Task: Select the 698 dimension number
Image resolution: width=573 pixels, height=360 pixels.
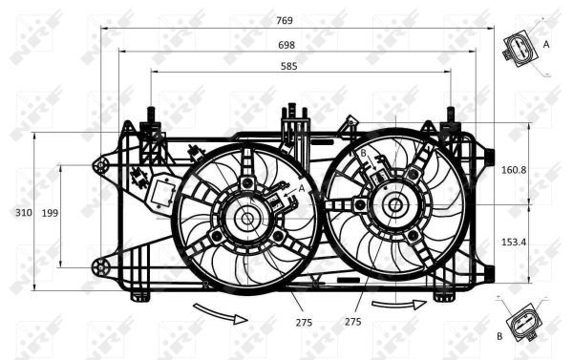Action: tap(286, 45)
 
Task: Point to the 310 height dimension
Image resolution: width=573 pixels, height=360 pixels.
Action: tap(17, 211)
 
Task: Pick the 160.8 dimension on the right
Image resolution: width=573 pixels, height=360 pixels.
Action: tap(514, 170)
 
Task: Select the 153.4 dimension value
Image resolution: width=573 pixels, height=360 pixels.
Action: tap(514, 243)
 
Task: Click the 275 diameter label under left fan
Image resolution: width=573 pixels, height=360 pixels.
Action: tap(277, 323)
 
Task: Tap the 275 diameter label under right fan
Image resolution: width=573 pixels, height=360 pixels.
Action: tap(352, 323)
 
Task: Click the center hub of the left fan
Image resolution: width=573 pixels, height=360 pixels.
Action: tap(247, 218)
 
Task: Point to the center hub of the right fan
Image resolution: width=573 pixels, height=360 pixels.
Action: tap(393, 203)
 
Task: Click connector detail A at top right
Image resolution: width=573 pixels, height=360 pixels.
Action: tap(520, 49)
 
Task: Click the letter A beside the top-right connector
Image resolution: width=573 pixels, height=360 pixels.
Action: tap(546, 44)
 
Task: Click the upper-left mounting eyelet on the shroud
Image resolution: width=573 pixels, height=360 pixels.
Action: tap(99, 166)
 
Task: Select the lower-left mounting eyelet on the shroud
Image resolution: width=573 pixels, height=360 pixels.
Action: tap(98, 264)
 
